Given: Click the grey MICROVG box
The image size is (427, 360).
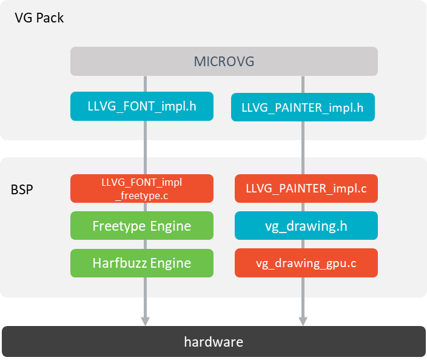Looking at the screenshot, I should point(224,61).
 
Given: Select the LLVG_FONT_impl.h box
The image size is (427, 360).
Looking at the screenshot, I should point(142,107).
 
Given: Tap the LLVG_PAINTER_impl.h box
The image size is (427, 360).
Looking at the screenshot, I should point(303,108).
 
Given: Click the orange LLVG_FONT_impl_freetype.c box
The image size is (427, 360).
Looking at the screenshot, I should point(142,188).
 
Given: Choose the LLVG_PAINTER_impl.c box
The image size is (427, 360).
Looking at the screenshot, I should point(306,189).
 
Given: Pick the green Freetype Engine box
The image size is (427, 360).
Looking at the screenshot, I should point(142,226).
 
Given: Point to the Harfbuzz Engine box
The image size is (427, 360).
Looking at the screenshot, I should point(142,263).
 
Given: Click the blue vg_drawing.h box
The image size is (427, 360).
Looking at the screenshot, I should point(306,226).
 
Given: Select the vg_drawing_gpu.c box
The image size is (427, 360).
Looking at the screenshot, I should point(306,263).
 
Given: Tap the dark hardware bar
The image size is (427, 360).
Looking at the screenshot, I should point(213,342).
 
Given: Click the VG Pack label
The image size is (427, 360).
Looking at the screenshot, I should point(39,18).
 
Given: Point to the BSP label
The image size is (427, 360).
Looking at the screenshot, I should point(22,189).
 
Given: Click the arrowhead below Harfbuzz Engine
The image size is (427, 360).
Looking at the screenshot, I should point(145,319).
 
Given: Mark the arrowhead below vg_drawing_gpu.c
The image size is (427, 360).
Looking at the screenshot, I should point(303,319).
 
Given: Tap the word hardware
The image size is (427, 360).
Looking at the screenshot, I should point(213,342).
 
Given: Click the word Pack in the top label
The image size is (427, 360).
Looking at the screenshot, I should point(50,18).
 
